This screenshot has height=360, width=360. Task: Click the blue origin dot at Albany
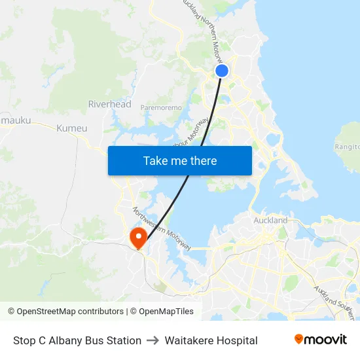[222, 71]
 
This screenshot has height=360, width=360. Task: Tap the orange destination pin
[139, 236]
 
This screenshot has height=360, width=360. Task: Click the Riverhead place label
[110, 104]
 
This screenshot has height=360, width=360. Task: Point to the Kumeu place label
[71, 128]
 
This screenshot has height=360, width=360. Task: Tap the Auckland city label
[270, 221]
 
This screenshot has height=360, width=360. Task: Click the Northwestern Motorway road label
[162, 228]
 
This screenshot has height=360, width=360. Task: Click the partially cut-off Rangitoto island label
[348, 147]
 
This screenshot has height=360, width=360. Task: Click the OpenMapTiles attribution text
[162, 312]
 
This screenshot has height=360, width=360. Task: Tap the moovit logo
[321, 340]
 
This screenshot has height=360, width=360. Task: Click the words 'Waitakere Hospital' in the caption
[211, 340]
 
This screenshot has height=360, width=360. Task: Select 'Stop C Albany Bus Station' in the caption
[77, 340]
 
